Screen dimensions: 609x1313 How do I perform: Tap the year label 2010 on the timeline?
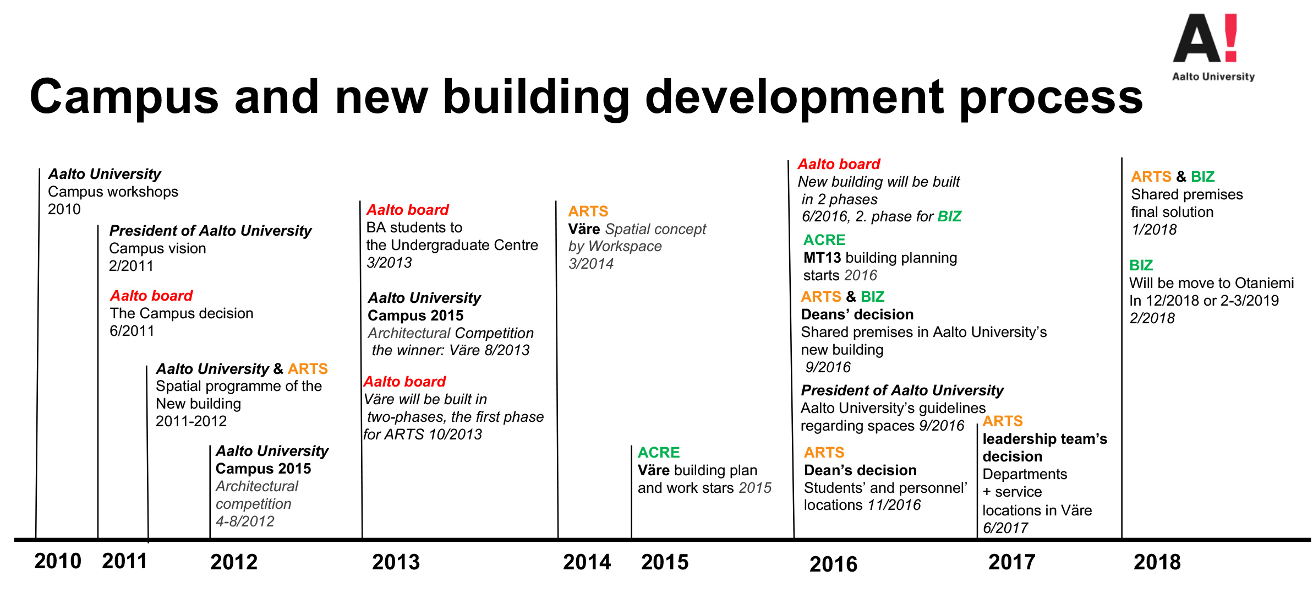point(57,561)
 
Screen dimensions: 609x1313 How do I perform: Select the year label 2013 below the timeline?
point(396,562)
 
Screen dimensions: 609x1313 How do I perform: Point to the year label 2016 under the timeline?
point(833,564)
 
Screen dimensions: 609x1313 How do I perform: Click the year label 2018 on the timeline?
point(1157,562)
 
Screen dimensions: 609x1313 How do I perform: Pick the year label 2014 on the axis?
point(587,562)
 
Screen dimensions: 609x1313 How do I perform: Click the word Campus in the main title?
point(124,97)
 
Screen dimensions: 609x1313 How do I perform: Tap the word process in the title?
point(1051,97)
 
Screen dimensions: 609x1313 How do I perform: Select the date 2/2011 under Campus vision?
point(131,266)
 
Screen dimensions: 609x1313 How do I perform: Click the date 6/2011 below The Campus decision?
point(132,331)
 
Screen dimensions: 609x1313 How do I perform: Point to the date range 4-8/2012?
point(245,521)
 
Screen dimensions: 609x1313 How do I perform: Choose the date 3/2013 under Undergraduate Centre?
point(389,263)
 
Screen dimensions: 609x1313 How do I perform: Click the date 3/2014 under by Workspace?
point(591,264)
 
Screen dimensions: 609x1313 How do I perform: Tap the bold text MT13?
point(822,258)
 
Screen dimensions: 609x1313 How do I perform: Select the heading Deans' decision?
point(857,314)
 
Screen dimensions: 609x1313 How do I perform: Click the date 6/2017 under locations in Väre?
point(1005,528)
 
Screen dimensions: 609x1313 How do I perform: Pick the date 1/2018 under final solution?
point(1154,230)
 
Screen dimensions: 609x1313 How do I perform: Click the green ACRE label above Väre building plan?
point(659,453)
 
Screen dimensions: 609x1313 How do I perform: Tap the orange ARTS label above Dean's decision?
point(824,453)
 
